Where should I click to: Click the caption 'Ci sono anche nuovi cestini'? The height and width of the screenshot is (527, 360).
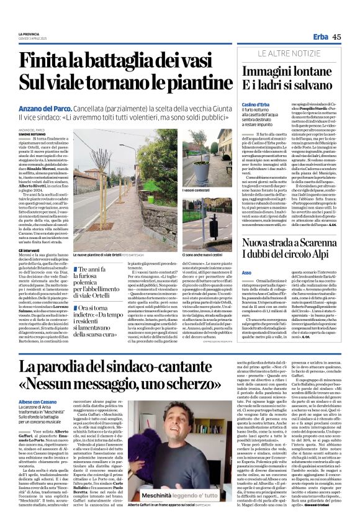coord(202,254)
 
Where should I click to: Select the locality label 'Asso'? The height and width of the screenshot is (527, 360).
coord(246,272)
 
